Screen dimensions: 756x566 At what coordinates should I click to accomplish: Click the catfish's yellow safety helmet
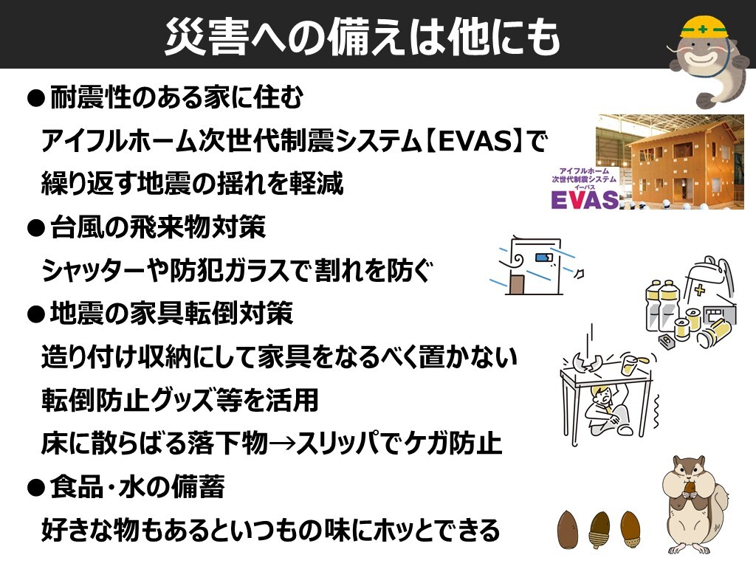[x=704, y=27]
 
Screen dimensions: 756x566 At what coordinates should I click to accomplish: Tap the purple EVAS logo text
[x=585, y=199]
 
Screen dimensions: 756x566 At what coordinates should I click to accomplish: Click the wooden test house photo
[x=670, y=162]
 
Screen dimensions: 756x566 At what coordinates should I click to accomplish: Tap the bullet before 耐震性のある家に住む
[x=36, y=98]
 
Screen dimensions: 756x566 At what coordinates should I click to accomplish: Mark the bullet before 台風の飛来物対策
[x=36, y=227]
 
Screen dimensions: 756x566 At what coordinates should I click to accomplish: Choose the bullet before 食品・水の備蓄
[x=36, y=488]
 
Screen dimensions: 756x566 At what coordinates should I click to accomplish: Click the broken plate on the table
[x=586, y=362]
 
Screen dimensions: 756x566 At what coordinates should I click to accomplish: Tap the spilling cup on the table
[x=632, y=364]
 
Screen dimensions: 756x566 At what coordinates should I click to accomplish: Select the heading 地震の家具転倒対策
[x=171, y=314]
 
